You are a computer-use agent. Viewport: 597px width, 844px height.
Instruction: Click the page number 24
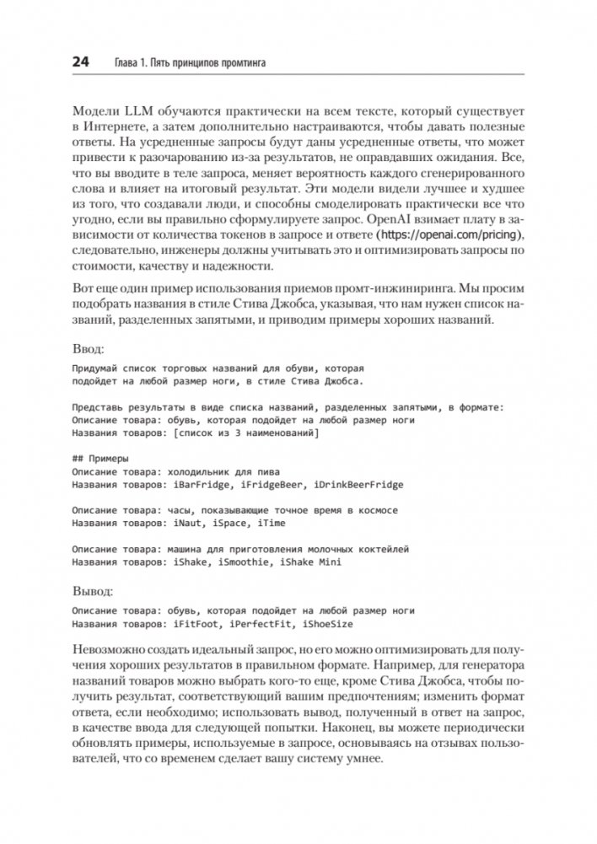[x=82, y=62]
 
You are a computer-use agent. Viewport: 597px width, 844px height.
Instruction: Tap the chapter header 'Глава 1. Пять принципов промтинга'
[x=183, y=63]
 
